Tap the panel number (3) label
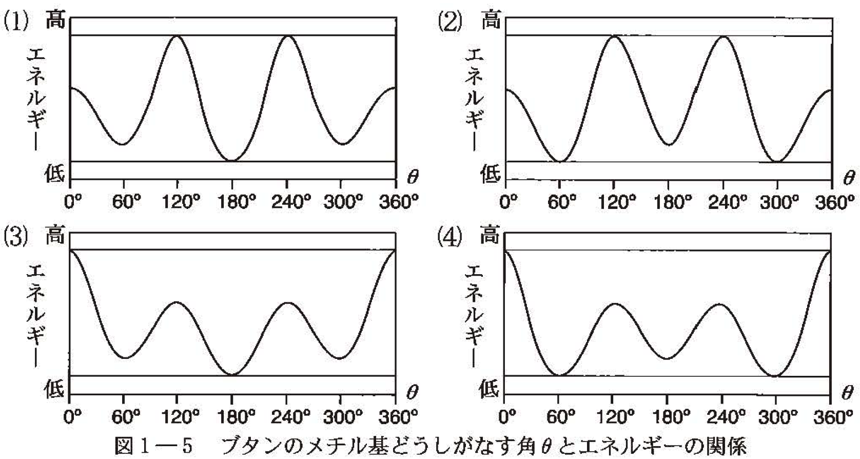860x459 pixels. click(x=16, y=237)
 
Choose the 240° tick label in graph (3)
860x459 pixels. click(x=290, y=415)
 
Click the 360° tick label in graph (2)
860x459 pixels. click(x=835, y=202)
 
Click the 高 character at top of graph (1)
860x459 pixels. click(x=55, y=21)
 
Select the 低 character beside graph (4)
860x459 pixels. click(x=489, y=389)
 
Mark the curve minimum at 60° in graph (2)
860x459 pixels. click(x=560, y=162)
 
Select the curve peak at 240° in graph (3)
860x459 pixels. click(x=287, y=302)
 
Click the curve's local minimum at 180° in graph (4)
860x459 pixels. click(x=667, y=358)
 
